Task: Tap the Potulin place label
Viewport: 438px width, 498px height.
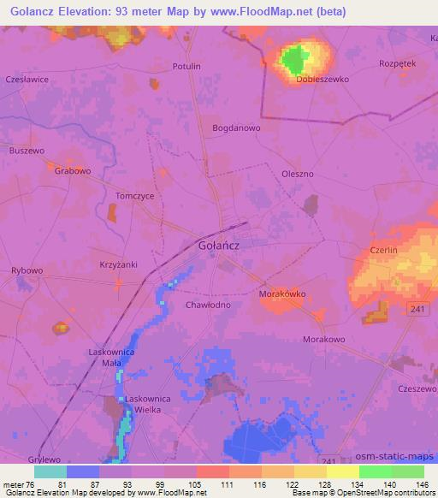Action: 186,66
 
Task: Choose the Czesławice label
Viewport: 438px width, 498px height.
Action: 27,79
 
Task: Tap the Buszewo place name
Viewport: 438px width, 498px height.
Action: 27,151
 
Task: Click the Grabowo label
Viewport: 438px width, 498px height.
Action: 73,171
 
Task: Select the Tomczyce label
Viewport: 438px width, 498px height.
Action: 134,195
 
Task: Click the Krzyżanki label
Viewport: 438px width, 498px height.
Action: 119,264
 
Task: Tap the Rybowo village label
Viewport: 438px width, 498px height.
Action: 27,270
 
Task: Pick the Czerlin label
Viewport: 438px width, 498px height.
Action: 384,250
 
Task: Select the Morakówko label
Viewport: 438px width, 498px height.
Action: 282,294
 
